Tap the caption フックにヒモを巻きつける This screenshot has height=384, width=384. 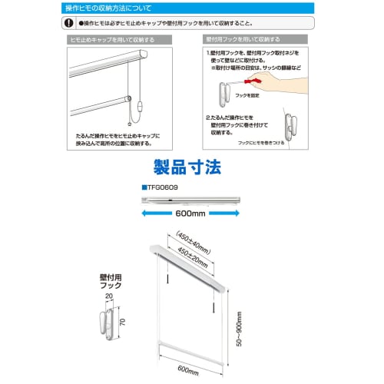click(x=267, y=144)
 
